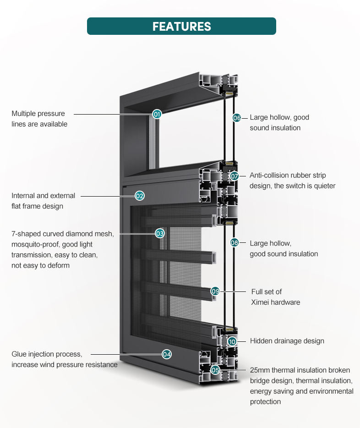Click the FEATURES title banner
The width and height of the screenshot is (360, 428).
click(x=181, y=26)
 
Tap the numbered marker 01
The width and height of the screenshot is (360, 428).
click(x=157, y=114)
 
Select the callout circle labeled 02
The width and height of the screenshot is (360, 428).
click(x=140, y=196)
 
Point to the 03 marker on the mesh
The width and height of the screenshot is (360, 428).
click(x=160, y=233)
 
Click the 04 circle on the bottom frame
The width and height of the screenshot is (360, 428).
click(x=167, y=354)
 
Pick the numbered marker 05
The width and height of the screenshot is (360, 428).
click(x=215, y=370)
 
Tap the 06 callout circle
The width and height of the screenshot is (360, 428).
click(x=237, y=118)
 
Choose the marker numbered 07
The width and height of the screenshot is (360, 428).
click(x=234, y=176)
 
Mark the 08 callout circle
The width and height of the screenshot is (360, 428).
click(x=234, y=242)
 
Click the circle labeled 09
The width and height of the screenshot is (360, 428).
click(x=215, y=291)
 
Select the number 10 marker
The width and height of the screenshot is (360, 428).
click(x=232, y=341)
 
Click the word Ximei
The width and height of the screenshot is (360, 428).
click(x=260, y=302)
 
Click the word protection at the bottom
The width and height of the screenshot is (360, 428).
click(x=265, y=402)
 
